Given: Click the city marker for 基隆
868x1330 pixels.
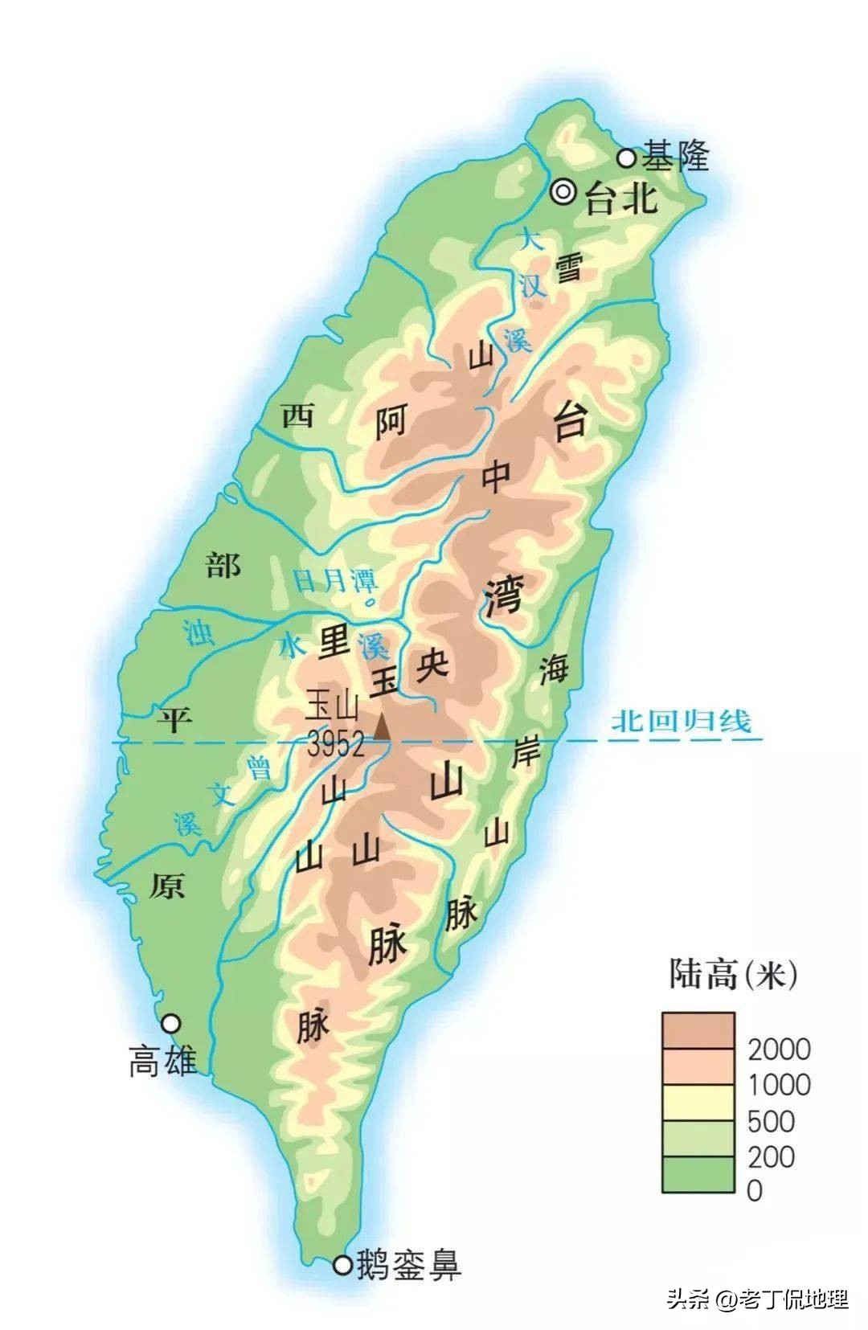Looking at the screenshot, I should coord(627,158).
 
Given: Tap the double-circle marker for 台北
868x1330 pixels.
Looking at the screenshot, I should coord(563,191).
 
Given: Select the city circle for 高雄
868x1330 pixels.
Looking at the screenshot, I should coord(170,1023).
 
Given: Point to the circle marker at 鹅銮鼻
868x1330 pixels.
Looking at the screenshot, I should coord(343,1265).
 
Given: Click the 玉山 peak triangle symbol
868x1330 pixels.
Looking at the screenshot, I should coord(383,726).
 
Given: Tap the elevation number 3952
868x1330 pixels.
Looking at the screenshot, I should coord(335,745).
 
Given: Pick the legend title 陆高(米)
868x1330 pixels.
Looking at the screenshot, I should coord(733,975).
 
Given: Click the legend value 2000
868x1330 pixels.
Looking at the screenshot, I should coord(778,1049).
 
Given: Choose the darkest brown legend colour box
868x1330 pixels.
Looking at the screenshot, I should coord(698,1030).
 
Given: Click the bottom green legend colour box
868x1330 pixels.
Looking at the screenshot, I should coord(698,1174).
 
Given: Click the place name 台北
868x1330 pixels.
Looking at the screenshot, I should coord(620,198).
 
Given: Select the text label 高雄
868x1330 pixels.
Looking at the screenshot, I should coord(162,1062).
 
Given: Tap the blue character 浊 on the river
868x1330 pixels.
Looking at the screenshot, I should coord(199,632).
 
